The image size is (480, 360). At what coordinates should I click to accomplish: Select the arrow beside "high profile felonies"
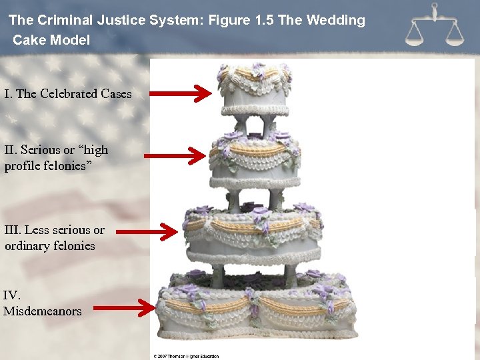coord(175,156)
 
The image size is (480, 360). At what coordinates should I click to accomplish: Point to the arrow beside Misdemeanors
coord(123,308)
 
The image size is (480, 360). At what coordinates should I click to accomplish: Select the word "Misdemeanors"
coord(42,311)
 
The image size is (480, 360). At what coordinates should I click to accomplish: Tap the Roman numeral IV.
coord(12,295)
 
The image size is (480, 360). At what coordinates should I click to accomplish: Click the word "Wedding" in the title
coord(335,20)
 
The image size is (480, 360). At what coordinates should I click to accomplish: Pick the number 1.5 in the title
coord(263,20)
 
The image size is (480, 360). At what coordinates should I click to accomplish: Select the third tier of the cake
coord(253,234)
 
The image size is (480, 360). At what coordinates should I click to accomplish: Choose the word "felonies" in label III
coord(77,246)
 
